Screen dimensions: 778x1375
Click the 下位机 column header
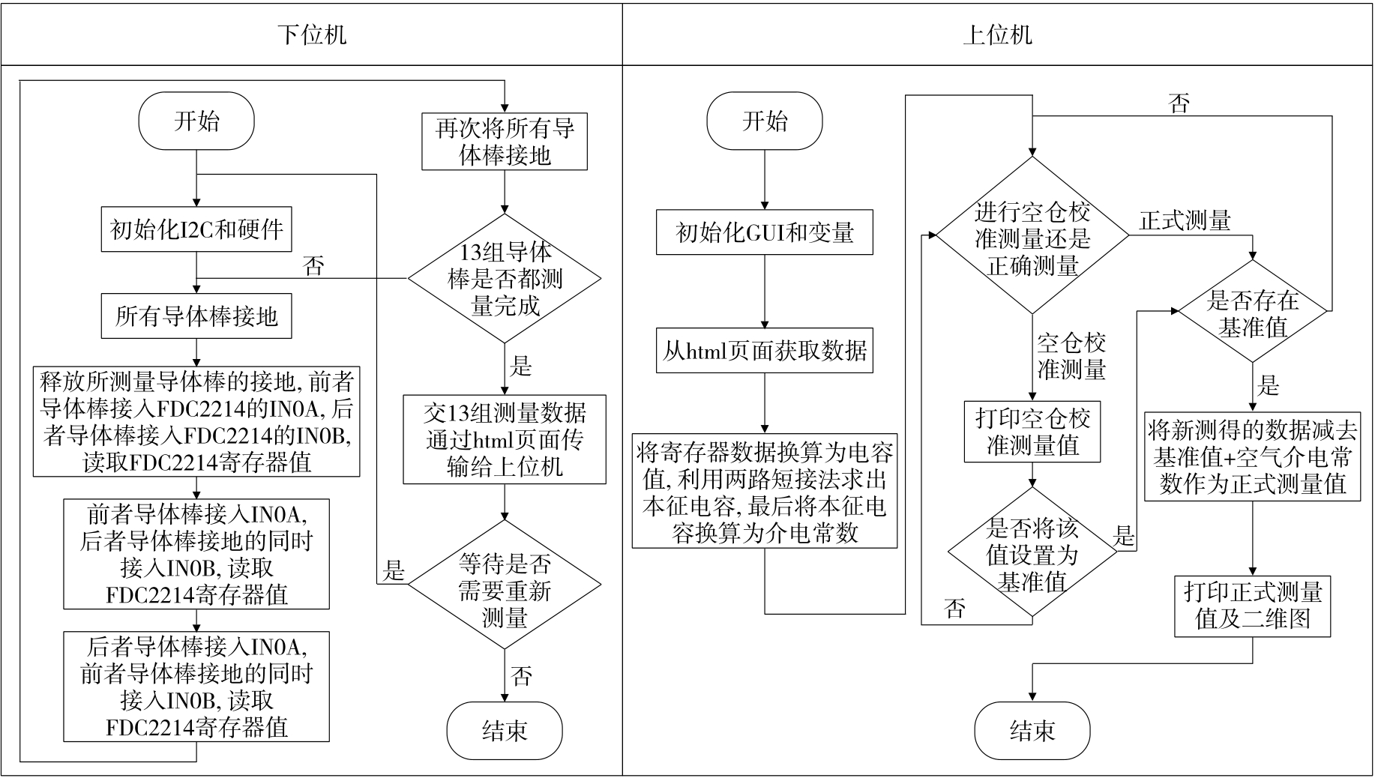click(311, 34)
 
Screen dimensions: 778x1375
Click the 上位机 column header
click(997, 34)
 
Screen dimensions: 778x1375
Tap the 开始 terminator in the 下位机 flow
click(196, 121)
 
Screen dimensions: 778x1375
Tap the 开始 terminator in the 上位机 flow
click(765, 121)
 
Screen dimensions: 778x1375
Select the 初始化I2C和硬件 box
click(196, 229)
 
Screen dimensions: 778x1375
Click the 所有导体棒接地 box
click(196, 316)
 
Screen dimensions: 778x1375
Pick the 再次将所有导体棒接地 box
click(505, 142)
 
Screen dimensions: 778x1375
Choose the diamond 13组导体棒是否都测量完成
click(505, 279)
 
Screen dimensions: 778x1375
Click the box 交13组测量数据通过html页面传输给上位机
click(505, 439)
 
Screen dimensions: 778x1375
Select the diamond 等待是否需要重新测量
click(505, 585)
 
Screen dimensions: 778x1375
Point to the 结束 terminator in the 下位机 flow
click(505, 731)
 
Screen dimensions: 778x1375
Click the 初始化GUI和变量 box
click(765, 232)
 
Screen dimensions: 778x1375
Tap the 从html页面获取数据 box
click(765, 350)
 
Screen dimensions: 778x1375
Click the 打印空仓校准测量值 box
click(1032, 432)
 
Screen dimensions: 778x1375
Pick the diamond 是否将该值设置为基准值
click(1032, 555)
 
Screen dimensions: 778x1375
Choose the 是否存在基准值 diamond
click(1253, 312)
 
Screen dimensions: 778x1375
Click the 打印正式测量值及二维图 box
click(1253, 606)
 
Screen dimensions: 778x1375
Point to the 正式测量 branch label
click(1185, 220)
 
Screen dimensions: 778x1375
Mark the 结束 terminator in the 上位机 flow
click(1032, 731)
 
